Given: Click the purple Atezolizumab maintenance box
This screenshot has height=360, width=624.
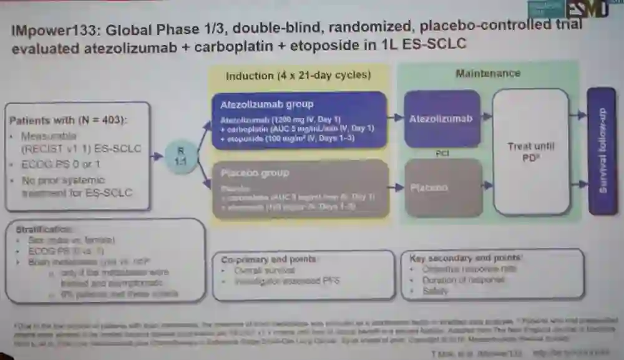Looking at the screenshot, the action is (x=442, y=119).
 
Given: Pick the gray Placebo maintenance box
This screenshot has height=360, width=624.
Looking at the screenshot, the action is (x=442, y=187).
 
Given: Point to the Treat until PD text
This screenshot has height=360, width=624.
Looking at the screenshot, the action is (x=531, y=152).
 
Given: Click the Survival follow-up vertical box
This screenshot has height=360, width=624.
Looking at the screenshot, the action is (x=602, y=151).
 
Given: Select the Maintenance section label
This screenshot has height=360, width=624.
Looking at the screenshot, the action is (x=487, y=73).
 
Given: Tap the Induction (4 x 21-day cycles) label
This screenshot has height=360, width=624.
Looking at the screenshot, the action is (x=298, y=75).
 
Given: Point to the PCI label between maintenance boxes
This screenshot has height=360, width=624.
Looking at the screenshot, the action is (x=442, y=153).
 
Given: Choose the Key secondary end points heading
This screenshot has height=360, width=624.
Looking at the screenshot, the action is (x=466, y=257).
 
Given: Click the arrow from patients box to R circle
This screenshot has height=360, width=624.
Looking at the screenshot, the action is (x=157, y=156).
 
